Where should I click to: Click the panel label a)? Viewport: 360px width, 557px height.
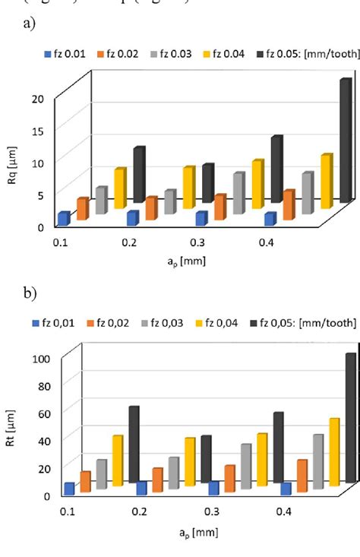(x=30, y=24)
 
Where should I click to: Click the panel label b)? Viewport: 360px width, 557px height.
(x=30, y=293)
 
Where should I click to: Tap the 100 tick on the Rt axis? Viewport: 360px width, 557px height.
(x=36, y=358)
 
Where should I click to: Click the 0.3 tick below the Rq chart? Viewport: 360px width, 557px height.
(x=196, y=242)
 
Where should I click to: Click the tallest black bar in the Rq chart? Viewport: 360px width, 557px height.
(x=345, y=141)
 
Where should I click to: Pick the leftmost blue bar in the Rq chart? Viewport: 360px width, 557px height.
(x=64, y=219)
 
